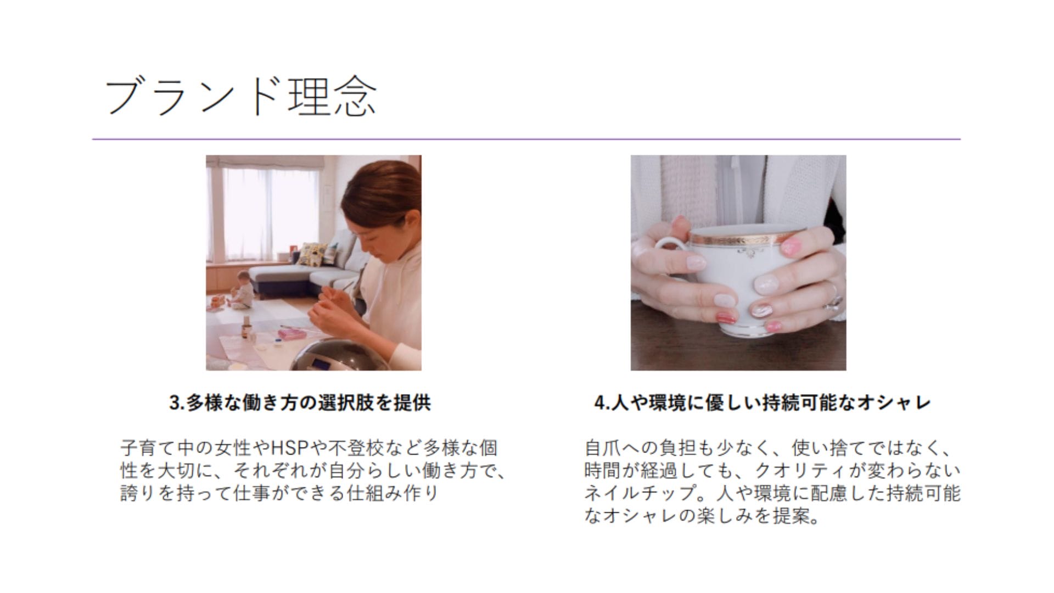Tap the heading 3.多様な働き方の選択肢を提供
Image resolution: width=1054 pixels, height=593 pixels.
click(300, 403)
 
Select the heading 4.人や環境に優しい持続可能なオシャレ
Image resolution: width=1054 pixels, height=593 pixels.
click(763, 403)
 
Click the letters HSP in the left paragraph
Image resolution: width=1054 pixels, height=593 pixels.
click(290, 448)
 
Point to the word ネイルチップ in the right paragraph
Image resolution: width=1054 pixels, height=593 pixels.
click(640, 493)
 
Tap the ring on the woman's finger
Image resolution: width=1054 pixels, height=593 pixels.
click(835, 300)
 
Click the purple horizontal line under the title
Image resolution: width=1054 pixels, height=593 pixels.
click(526, 139)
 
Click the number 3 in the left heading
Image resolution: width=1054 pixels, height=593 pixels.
click(175, 404)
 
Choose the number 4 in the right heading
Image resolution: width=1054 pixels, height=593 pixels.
click(599, 404)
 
